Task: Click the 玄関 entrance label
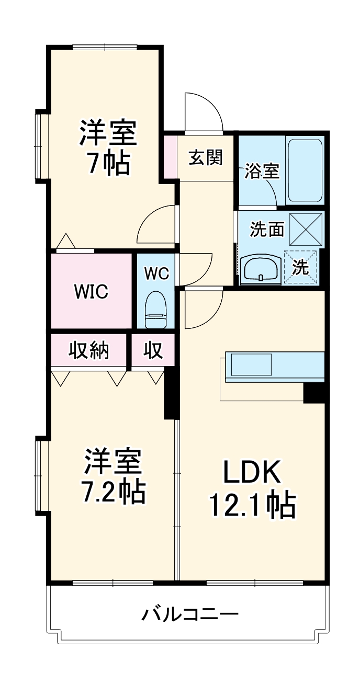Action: pos(205,157)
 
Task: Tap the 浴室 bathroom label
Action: pos(262,171)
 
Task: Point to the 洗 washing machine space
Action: pos(301,267)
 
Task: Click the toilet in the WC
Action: pos(155,310)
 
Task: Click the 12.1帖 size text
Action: pos(253,505)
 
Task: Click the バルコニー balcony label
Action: pos(189,613)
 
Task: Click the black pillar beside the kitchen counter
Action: pos(314,392)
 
